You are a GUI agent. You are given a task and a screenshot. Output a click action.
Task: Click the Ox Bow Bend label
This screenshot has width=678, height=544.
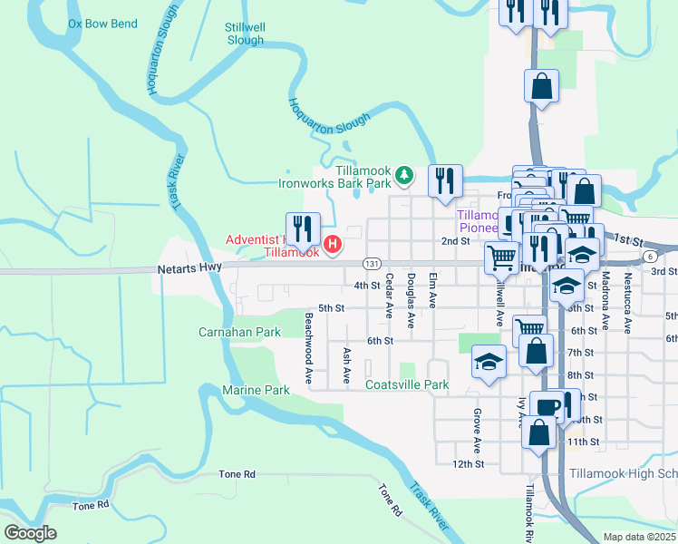pyautogui.click(x=102, y=24)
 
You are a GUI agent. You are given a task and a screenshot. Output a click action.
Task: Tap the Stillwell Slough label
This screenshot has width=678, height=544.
pyautogui.click(x=245, y=34)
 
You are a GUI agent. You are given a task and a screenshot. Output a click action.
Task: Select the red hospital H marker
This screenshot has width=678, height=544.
pyautogui.click(x=333, y=244)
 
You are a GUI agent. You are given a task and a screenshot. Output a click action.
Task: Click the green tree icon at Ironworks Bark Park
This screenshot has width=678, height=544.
pyautogui.click(x=407, y=174)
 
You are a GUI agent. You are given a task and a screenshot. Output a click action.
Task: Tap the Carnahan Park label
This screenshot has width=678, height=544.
pyautogui.click(x=240, y=333)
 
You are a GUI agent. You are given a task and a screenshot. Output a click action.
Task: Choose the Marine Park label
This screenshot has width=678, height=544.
pyautogui.click(x=256, y=390)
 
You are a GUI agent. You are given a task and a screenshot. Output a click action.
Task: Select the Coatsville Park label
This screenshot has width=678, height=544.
pyautogui.click(x=407, y=385)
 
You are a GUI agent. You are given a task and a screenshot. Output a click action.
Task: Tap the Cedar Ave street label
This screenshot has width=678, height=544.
pyautogui.click(x=390, y=296)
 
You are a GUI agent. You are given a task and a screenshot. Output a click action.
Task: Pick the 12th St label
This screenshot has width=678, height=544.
pyautogui.click(x=469, y=463)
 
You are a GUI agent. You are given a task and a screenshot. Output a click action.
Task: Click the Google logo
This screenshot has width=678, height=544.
pyautogui.click(x=30, y=533)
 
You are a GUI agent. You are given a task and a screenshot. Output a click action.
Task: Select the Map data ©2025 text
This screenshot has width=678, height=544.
pyautogui.click(x=638, y=537)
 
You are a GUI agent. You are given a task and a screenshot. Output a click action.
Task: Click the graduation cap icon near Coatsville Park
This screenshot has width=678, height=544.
pyautogui.click(x=488, y=362)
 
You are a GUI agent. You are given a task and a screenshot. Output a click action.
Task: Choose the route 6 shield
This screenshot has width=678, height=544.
pyautogui.click(x=650, y=257)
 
